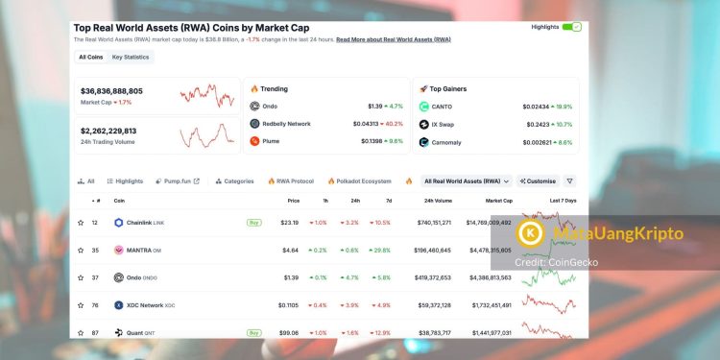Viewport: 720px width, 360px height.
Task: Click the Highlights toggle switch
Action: click(572, 27)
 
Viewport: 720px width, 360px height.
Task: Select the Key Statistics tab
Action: click(131, 58)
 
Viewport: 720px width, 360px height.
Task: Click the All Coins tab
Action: click(90, 58)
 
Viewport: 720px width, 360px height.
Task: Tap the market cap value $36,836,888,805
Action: click(111, 91)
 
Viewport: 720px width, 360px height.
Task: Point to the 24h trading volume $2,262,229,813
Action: click(108, 131)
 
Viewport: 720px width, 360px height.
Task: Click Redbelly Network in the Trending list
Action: click(286, 123)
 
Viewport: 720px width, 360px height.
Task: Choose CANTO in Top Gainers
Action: click(444, 106)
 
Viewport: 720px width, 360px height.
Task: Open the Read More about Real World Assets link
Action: click(393, 39)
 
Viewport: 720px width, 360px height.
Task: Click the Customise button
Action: click(538, 180)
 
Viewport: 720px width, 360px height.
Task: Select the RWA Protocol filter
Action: click(290, 180)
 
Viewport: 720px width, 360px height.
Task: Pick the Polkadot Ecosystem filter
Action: click(359, 180)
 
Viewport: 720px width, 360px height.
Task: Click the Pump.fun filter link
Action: click(175, 180)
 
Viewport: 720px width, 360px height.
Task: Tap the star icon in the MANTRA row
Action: click(81, 250)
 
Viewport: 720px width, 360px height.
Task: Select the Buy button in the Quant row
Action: click(254, 332)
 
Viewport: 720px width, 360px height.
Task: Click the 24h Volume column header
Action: click(438, 201)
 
